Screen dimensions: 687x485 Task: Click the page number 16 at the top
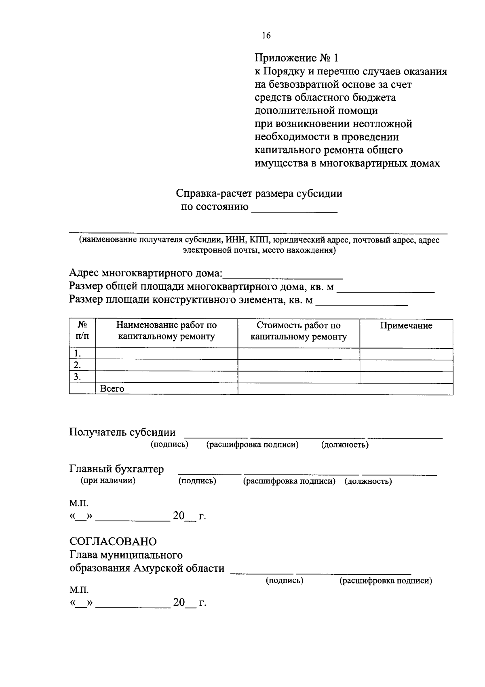[x=266, y=36]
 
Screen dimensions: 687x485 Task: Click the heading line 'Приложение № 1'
[x=296, y=58]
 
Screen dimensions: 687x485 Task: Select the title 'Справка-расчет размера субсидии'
[x=259, y=194]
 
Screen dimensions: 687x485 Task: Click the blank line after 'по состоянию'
[x=294, y=209]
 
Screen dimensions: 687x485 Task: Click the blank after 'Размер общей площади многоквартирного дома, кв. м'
[x=386, y=289]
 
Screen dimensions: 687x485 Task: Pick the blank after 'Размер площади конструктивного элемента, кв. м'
[x=362, y=301]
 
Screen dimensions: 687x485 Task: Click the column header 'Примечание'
[x=406, y=326]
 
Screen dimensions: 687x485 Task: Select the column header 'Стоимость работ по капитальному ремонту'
[x=299, y=331]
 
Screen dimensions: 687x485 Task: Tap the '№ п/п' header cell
[x=82, y=331]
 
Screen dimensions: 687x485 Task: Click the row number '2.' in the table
[x=77, y=365]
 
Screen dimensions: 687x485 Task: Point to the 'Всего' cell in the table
[x=112, y=389]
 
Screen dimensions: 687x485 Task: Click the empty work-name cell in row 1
[x=167, y=354]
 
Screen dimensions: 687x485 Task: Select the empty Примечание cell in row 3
[x=406, y=377]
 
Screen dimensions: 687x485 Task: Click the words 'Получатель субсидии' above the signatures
[x=122, y=432]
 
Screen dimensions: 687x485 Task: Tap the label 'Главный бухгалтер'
[x=117, y=469]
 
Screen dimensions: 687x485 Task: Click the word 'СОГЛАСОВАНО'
[x=113, y=541]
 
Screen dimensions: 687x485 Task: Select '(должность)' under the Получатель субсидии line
[x=345, y=445]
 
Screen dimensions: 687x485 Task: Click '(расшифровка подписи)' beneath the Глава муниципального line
[x=386, y=581]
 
